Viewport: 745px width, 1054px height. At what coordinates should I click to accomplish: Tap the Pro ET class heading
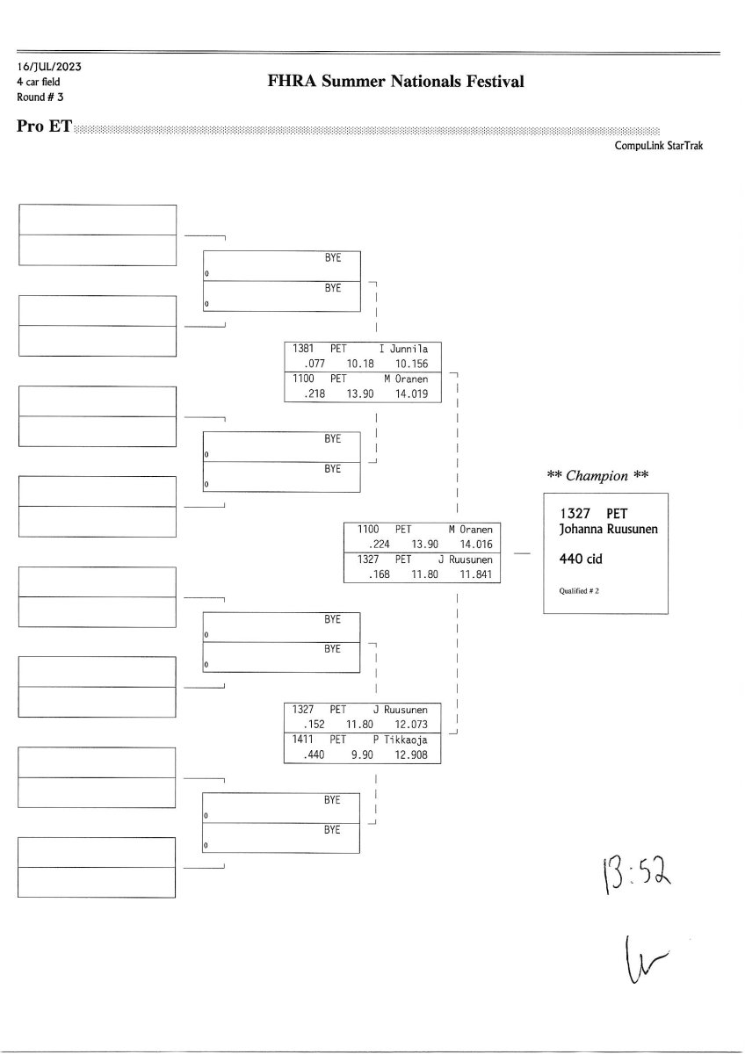coord(44,126)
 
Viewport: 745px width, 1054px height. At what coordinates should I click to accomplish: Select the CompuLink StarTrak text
coord(659,147)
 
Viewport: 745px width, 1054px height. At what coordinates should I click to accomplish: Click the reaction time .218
coord(314,394)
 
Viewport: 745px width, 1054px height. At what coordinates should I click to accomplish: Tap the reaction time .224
coord(380,545)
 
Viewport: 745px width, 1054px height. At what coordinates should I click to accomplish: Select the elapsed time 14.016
coord(475,545)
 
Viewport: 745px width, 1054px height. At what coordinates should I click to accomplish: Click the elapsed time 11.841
coord(475,575)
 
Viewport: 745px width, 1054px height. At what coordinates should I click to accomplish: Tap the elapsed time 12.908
coord(412,755)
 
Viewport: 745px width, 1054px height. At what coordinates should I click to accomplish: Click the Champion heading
coord(597,476)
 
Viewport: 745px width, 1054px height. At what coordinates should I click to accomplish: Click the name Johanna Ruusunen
coord(609,529)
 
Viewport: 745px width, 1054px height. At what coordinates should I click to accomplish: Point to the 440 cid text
coord(582,558)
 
